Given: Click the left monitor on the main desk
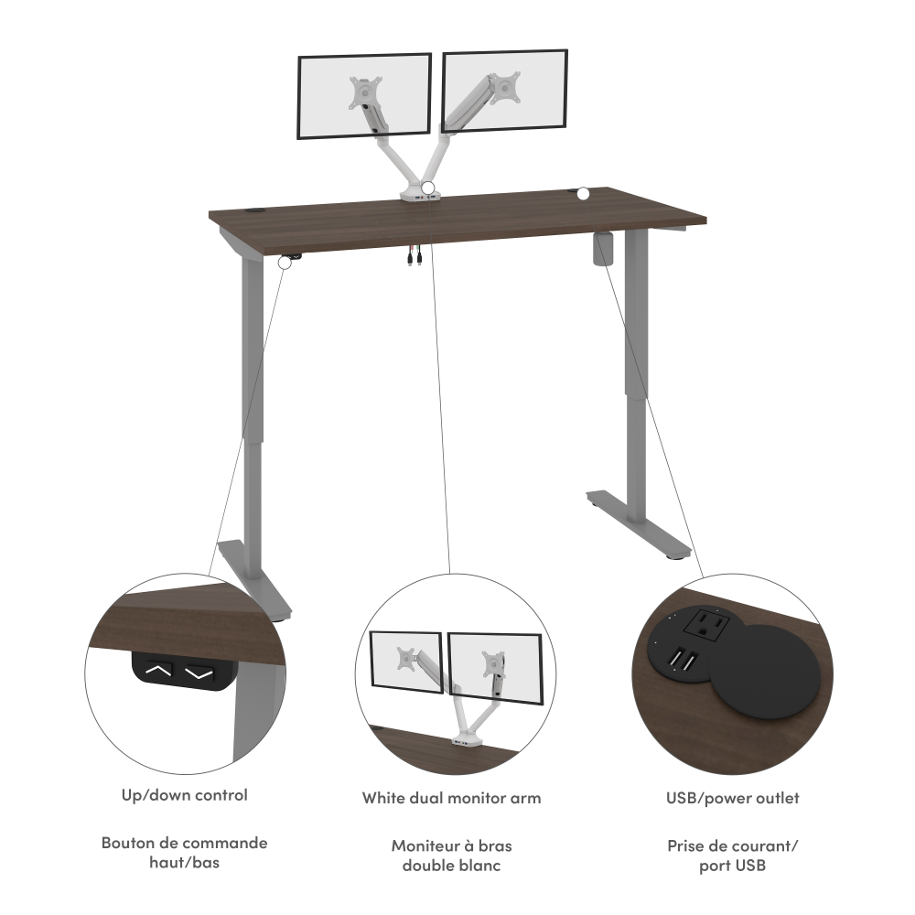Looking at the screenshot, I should click(363, 96).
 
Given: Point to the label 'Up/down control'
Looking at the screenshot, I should click(184, 795).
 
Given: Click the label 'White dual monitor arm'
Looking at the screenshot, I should click(451, 798).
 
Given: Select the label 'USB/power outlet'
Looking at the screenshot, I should click(732, 798).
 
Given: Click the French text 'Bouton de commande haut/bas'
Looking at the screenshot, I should click(184, 852).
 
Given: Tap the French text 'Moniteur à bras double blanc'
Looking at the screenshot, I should click(451, 856).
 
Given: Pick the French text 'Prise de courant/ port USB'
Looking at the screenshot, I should click(732, 856).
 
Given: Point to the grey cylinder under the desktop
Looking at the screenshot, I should click(604, 250).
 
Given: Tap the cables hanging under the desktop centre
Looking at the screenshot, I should click(413, 258).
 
